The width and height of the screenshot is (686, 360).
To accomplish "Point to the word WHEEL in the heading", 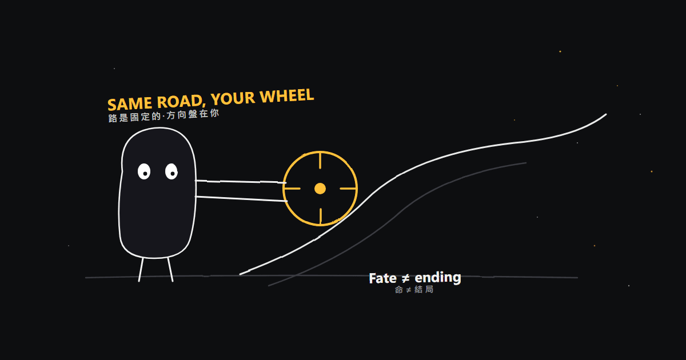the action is click(x=286, y=95).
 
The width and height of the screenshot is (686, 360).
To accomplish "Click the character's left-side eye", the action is click(x=144, y=171).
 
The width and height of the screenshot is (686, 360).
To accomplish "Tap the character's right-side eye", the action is click(x=171, y=171).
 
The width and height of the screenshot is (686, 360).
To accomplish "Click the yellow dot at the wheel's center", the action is click(x=320, y=189).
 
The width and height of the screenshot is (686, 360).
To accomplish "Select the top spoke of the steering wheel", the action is click(x=320, y=161).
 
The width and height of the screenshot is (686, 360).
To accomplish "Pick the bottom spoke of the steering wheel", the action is click(x=320, y=216).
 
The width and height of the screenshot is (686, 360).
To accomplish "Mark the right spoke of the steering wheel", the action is click(x=348, y=189).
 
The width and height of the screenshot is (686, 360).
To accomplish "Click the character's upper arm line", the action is click(x=241, y=182).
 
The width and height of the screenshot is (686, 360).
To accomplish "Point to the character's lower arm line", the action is click(x=241, y=199).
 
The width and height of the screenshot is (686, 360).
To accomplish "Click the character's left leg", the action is click(x=141, y=270).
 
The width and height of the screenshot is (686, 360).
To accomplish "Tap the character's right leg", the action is click(x=170, y=270).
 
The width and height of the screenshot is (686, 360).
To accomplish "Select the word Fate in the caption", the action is click(x=383, y=279).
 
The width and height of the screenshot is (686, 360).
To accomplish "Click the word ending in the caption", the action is click(x=438, y=278).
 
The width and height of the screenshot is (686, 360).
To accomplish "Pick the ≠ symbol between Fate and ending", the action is click(x=405, y=279).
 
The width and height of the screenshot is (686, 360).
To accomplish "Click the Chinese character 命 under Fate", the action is click(x=399, y=290).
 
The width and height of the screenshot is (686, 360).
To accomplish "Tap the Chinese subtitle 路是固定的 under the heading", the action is click(x=134, y=117).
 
